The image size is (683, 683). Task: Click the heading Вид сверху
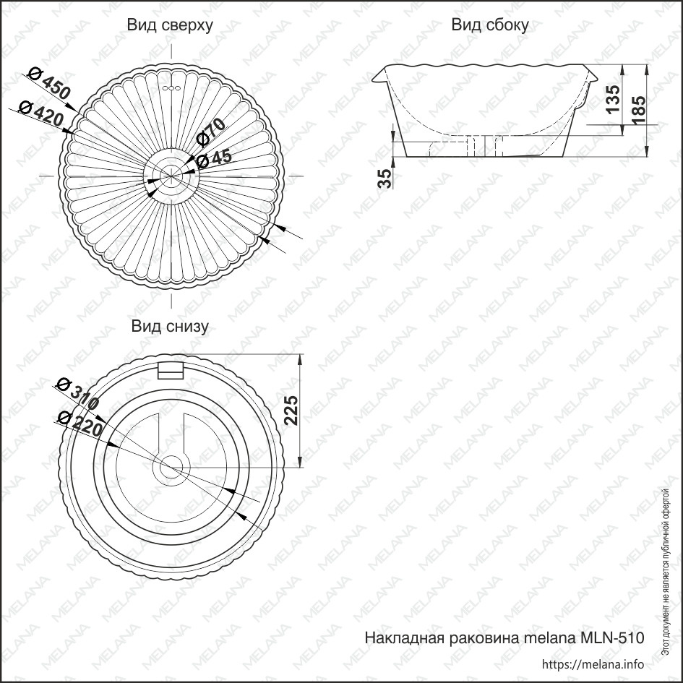(170, 25)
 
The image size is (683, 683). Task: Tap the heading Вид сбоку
(490, 25)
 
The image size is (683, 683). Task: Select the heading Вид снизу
(170, 326)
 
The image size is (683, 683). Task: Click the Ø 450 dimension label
(49, 84)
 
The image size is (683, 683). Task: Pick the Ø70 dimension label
(211, 132)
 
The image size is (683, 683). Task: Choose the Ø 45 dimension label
(214, 160)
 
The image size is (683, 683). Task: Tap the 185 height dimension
(638, 110)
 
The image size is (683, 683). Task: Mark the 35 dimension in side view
(385, 179)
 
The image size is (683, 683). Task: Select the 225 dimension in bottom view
(291, 411)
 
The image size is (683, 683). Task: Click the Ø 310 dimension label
(78, 395)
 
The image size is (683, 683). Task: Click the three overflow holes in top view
(171, 88)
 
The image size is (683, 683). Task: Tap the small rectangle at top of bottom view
(171, 371)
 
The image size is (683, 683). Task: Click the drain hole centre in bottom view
(171, 468)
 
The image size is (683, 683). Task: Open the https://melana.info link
(593, 664)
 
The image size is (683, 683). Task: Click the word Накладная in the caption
(405, 638)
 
